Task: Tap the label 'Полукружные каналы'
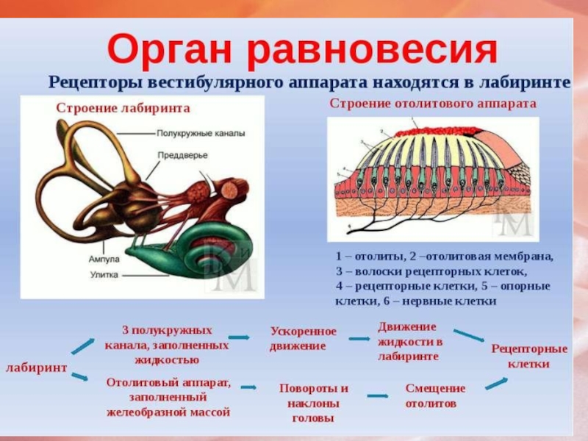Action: pos(201,135)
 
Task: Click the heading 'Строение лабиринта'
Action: pos(123,108)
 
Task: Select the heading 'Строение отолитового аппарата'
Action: pos(433,104)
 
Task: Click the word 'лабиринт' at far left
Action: pos(37,366)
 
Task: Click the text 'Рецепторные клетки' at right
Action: pos(529,356)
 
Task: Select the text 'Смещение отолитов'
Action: pos(435,395)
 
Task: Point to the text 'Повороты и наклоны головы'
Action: pos(314,402)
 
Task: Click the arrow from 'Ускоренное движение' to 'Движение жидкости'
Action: pos(358,338)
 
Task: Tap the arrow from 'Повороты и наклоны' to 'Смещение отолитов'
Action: pos(378,395)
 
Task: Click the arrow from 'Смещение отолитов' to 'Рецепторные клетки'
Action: pos(496,382)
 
